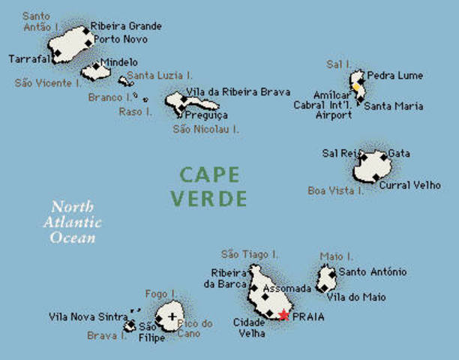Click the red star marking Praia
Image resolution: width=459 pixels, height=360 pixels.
point(283,315)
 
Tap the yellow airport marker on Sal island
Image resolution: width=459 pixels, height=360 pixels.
point(355,86)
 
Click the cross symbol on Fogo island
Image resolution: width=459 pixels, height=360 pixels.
point(173,316)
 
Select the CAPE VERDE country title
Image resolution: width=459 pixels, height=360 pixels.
point(208,187)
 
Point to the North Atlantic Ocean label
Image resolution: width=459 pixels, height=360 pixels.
point(73,222)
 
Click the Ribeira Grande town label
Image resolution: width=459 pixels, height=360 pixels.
point(126,26)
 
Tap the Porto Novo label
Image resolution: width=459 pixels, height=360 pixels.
point(120,39)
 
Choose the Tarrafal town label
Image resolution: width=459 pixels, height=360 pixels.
point(29,58)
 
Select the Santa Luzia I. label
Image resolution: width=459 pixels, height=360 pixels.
point(160,76)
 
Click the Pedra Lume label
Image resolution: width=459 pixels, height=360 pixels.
point(394,76)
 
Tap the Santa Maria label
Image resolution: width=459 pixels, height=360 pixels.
point(394,106)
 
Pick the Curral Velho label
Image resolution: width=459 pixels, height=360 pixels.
point(409,184)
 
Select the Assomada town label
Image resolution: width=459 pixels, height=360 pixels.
point(287,288)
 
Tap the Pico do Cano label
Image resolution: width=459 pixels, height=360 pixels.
point(196,328)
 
